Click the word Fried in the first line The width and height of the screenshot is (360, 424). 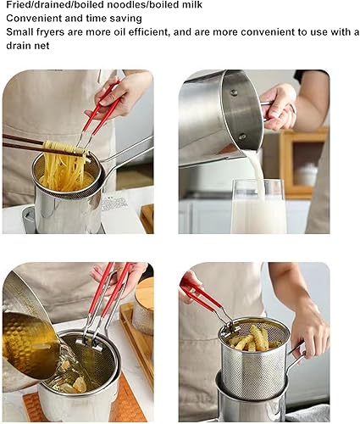[x=19, y=5]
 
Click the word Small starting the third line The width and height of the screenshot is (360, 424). [x=21, y=32]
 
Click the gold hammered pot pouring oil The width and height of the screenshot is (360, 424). [x=30, y=343]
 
